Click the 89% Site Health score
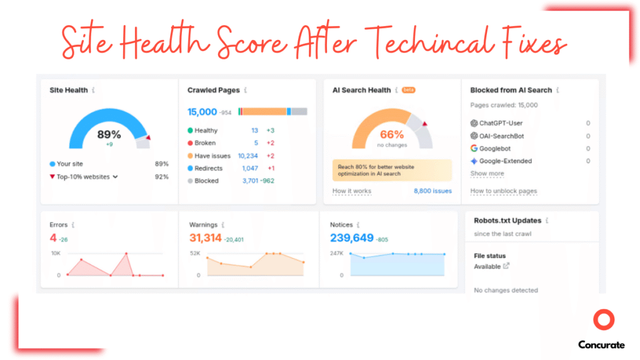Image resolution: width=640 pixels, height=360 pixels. (x=109, y=134)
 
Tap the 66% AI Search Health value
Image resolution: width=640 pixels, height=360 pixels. (x=392, y=134)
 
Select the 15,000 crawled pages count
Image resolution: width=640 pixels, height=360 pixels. (x=202, y=112)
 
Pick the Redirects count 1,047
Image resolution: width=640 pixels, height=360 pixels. (x=250, y=168)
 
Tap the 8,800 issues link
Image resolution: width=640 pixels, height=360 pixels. (x=432, y=191)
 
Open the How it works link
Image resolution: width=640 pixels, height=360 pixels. (x=351, y=191)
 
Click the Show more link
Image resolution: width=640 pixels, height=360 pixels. (x=487, y=174)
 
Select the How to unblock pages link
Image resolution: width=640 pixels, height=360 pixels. (x=503, y=191)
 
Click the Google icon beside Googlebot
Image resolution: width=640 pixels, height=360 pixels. (x=474, y=149)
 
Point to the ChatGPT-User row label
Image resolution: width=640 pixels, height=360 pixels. (x=501, y=124)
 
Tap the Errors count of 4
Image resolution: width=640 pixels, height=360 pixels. (x=53, y=237)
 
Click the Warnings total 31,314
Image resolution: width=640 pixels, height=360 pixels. (x=206, y=237)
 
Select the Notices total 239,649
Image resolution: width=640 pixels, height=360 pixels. (x=352, y=237)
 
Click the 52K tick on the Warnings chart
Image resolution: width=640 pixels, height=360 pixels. (x=194, y=253)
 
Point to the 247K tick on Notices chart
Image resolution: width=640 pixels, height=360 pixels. (x=336, y=253)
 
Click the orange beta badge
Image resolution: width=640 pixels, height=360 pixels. (x=408, y=90)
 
